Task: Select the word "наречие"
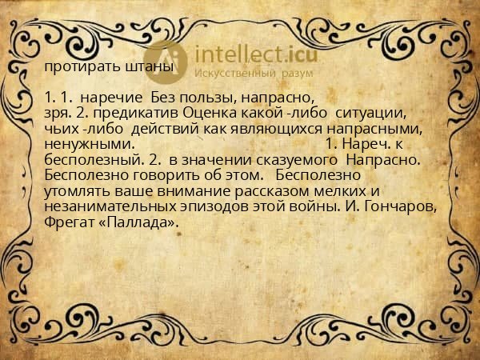(x=107, y=98)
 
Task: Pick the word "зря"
(x=56, y=113)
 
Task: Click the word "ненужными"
(x=88, y=144)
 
